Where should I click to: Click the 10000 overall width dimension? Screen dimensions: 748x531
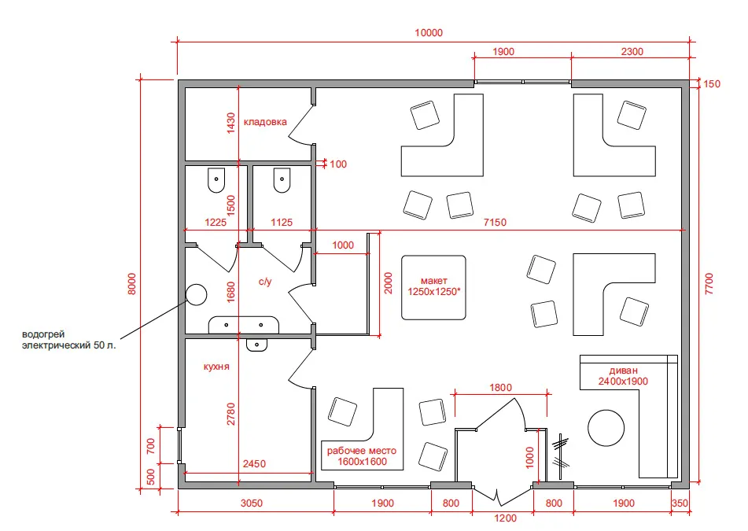[x=429, y=32]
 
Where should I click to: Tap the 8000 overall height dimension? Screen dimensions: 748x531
[x=132, y=283]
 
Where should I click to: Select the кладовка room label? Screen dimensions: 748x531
[x=265, y=122]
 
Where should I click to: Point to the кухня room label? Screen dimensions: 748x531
[x=216, y=367]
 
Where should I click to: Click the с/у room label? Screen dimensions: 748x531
[x=265, y=282]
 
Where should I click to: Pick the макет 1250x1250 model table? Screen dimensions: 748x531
[x=433, y=287]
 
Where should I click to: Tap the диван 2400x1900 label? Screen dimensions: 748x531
[x=623, y=375]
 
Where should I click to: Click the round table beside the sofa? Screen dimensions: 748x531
[x=606, y=428]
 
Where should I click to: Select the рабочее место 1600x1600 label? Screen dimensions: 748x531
[x=362, y=455]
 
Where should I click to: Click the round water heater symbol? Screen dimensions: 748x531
[x=196, y=295]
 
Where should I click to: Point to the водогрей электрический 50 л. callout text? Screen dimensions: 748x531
[x=68, y=339]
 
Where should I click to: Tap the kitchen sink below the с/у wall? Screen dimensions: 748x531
[x=256, y=345]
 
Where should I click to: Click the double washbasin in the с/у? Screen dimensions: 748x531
[x=243, y=324]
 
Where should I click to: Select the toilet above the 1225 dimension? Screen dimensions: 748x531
[x=216, y=180]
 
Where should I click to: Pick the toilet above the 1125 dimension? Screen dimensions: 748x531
[x=282, y=180]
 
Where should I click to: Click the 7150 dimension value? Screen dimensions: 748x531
[x=495, y=223]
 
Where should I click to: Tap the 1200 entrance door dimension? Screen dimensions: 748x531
[x=505, y=518]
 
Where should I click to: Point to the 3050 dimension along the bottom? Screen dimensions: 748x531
[x=252, y=503]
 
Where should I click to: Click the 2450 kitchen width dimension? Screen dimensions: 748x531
[x=254, y=463]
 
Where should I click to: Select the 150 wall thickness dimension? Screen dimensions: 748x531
[x=712, y=84]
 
